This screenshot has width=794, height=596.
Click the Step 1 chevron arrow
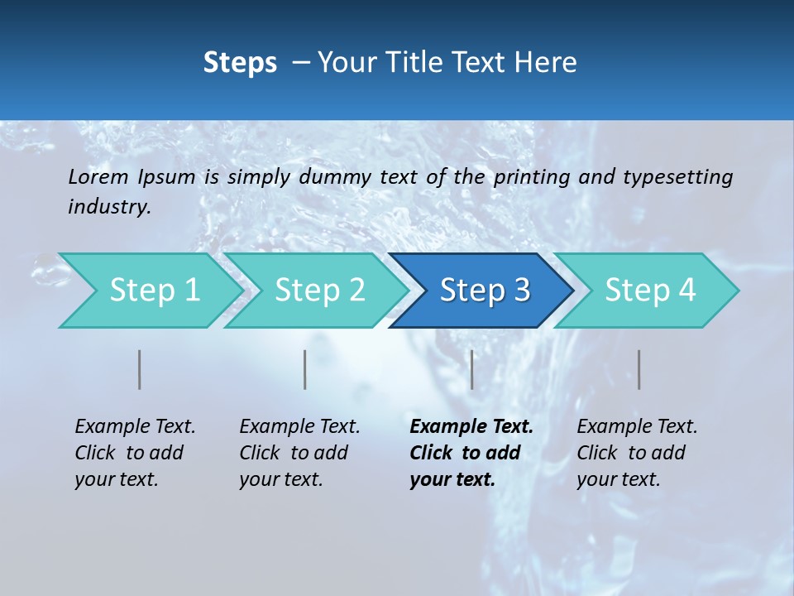(x=154, y=291)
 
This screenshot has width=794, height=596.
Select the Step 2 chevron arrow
(x=319, y=291)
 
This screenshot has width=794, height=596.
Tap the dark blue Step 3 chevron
(x=485, y=291)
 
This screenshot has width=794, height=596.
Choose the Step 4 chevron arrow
(x=650, y=291)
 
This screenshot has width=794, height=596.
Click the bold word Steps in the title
(x=240, y=63)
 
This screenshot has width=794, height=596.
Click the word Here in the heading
(x=545, y=63)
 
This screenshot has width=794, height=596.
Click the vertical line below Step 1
(x=140, y=369)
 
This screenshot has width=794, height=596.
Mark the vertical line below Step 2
(x=305, y=369)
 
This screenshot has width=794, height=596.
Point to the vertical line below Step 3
(x=471, y=369)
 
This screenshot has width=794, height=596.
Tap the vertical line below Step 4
(x=639, y=369)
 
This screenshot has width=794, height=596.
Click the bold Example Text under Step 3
(x=471, y=453)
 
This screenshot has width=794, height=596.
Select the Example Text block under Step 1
(x=135, y=453)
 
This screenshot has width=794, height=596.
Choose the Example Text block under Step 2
(x=299, y=453)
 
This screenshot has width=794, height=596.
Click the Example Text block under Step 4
(x=637, y=453)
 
